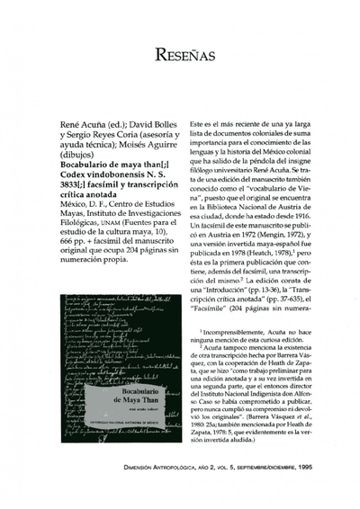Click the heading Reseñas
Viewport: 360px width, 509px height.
179,55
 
